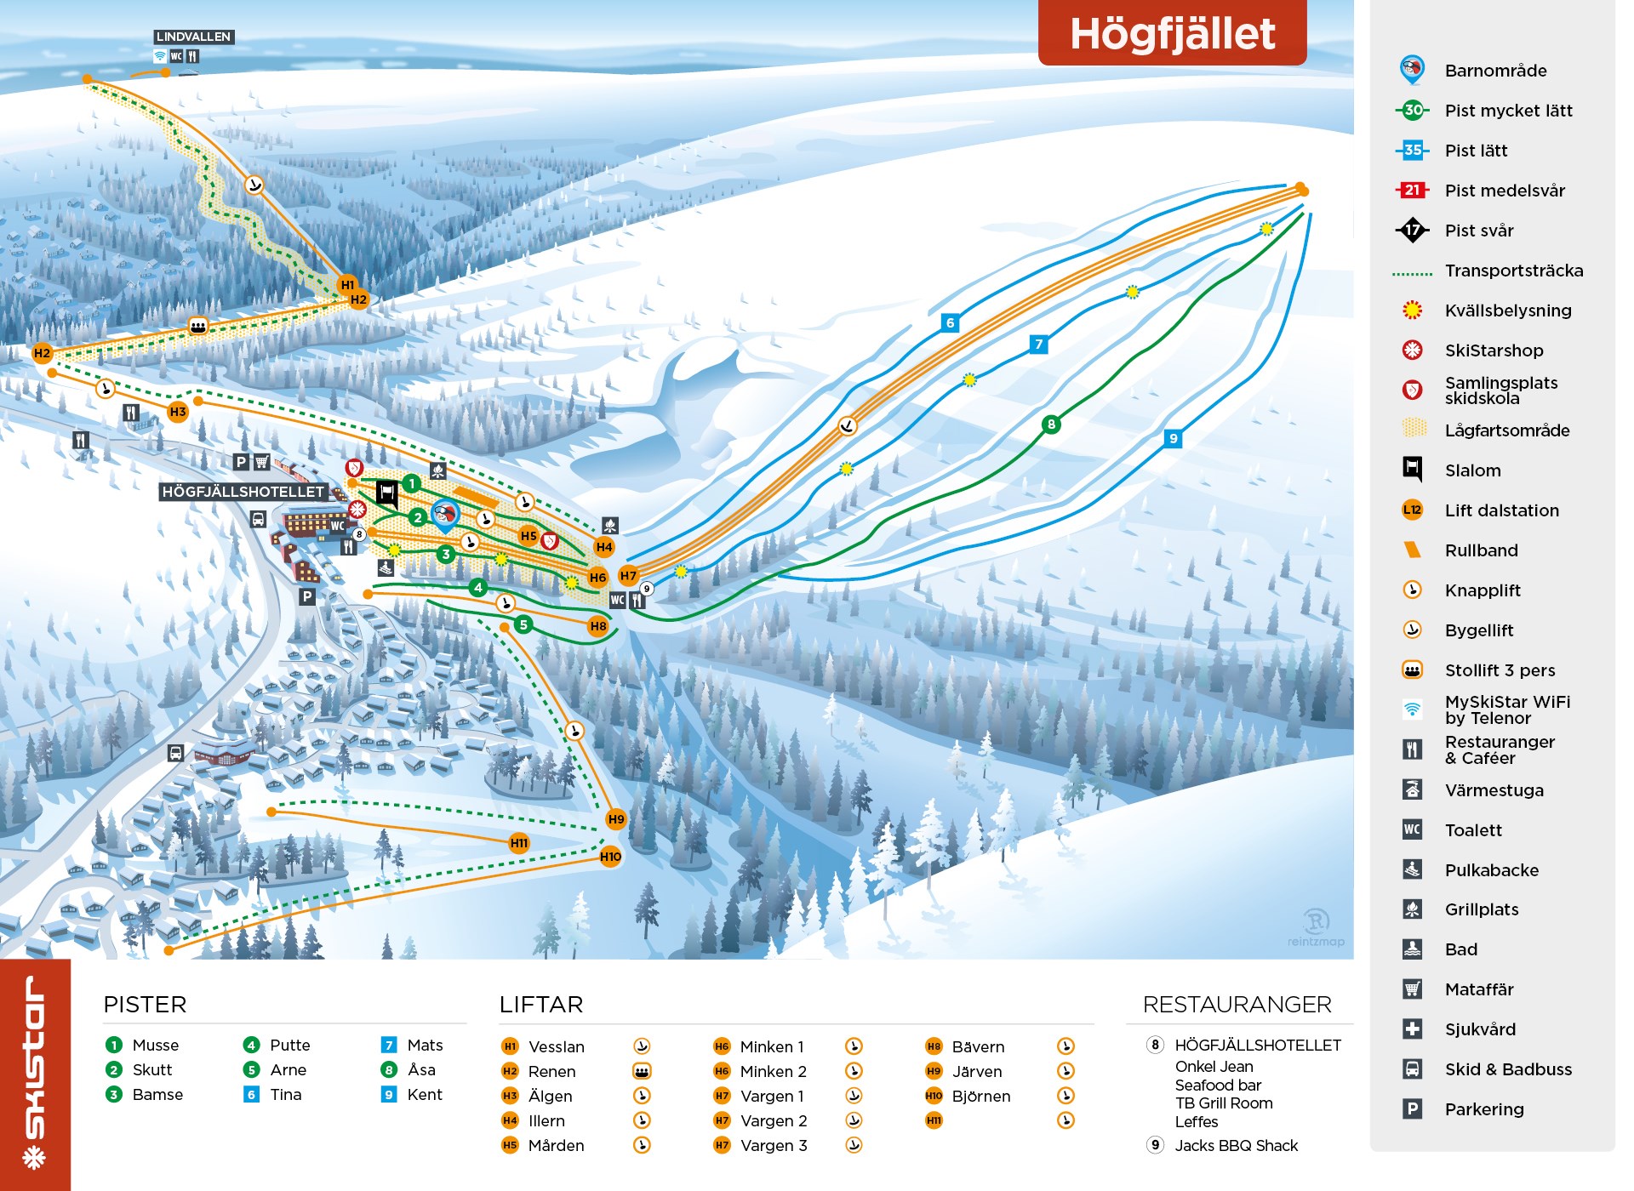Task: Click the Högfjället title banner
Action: (1171, 34)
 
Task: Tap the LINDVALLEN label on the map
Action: (193, 37)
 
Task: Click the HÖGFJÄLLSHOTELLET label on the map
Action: (243, 492)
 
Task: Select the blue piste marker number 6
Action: (950, 322)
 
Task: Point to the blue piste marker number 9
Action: (1173, 439)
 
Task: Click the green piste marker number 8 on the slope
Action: (1051, 424)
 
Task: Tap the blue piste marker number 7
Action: (1037, 345)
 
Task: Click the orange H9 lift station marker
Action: (616, 819)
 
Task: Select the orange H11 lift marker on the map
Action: (519, 843)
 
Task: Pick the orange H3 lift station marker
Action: (177, 413)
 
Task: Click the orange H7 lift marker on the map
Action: (628, 576)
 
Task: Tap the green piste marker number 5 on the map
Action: (523, 624)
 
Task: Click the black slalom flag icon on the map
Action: (387, 493)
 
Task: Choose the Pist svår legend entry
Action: (1478, 231)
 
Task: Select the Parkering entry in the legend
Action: (1483, 1109)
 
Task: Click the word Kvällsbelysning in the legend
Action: (1507, 311)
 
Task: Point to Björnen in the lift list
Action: (980, 1097)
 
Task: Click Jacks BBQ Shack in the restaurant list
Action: (1236, 1146)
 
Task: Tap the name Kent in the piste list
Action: (425, 1095)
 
